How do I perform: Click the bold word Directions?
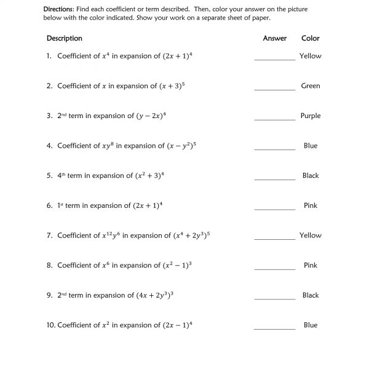click(x=58, y=10)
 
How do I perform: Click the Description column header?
click(x=64, y=38)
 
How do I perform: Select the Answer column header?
click(x=274, y=38)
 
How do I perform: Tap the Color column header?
click(x=311, y=38)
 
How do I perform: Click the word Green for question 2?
click(x=311, y=86)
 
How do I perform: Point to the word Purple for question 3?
click(x=311, y=116)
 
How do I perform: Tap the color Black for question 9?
click(x=311, y=295)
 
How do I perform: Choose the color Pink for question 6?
click(x=311, y=205)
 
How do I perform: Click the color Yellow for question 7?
click(x=311, y=235)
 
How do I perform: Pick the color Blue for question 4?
click(x=311, y=146)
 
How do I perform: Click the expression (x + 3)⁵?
click(x=171, y=86)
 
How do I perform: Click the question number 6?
click(x=49, y=205)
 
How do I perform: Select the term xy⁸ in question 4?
click(x=107, y=146)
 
